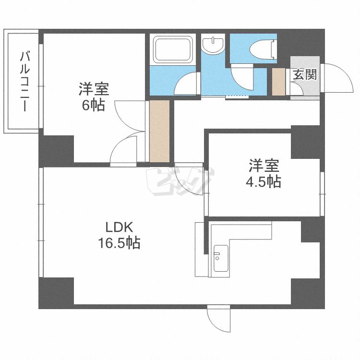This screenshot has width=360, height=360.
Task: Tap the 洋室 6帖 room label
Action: (x=94, y=96)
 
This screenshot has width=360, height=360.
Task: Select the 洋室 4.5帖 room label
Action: (x=264, y=174)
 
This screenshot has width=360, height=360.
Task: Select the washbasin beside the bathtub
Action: (x=213, y=45)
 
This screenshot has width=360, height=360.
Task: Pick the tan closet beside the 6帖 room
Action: (x=160, y=131)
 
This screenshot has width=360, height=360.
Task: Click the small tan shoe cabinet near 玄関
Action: (x=278, y=82)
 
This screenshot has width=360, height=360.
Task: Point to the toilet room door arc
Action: (x=241, y=77)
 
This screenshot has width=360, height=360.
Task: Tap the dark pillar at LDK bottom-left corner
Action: (x=56, y=292)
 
